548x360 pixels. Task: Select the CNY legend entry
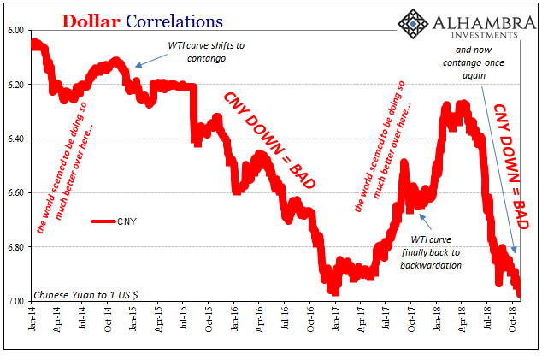coord(127,221)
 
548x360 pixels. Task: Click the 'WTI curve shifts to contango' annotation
coord(206,51)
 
